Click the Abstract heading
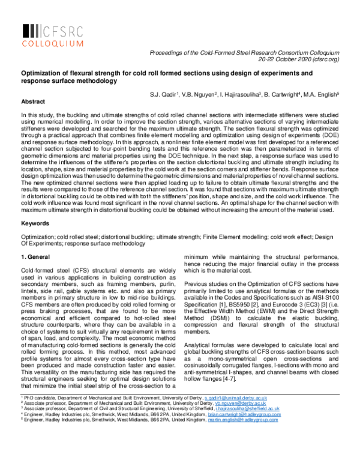[32, 101]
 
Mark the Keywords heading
[35, 223]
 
